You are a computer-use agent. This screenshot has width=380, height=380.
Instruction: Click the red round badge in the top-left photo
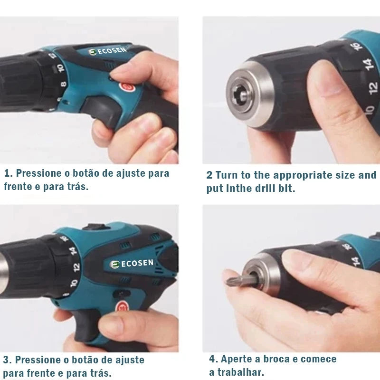click(125, 87)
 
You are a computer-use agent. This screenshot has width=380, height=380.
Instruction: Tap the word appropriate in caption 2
click(299, 175)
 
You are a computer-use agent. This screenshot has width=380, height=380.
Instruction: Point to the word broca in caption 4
click(281, 359)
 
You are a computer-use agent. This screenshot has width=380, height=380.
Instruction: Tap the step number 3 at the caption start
click(6, 360)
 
